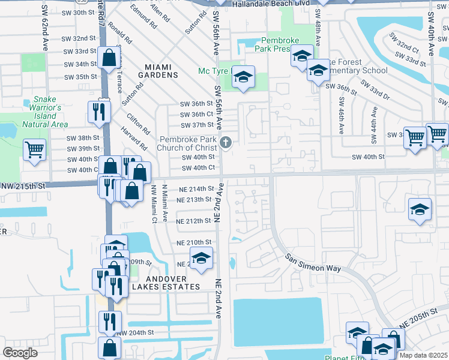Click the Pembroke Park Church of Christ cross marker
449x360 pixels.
[x=226, y=142]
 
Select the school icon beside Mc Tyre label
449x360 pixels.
[x=243, y=77]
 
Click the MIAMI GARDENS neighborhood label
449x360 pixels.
[x=153, y=71]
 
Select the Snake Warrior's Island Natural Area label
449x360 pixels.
[x=40, y=112]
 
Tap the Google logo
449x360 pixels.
[x=20, y=353]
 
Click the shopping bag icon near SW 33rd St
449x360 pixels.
[x=109, y=58]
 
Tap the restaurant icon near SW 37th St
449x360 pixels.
[x=98, y=111]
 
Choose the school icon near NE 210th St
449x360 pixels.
[x=202, y=259]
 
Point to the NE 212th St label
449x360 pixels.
[x=194, y=221]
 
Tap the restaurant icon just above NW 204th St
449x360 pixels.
[x=109, y=321]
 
